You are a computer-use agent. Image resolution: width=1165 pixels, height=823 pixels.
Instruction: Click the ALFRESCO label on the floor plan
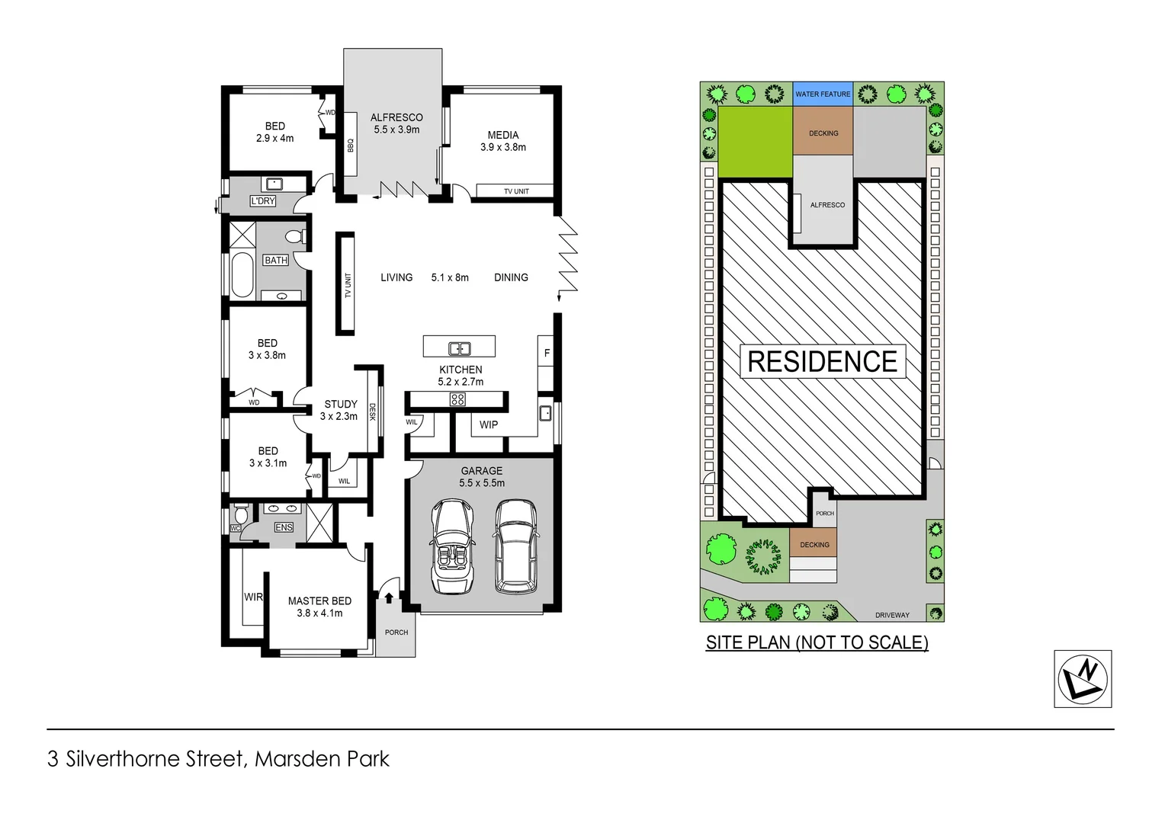396,117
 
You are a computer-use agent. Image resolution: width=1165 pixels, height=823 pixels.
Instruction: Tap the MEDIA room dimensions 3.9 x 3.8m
503,147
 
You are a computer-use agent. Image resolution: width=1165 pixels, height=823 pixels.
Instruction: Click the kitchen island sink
459,349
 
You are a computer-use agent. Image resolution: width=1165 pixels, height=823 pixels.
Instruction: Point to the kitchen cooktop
457,399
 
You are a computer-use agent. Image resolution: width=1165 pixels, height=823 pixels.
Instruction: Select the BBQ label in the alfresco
351,144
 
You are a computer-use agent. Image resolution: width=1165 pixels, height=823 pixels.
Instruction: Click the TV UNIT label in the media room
516,191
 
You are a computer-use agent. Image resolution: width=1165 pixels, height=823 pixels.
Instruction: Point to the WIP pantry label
489,424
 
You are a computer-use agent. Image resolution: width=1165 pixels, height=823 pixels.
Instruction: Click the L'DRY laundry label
262,201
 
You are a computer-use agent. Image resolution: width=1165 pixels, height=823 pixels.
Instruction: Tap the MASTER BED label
319,600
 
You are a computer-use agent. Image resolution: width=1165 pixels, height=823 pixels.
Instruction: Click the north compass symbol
1083,679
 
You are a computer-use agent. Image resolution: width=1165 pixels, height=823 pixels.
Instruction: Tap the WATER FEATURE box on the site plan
823,94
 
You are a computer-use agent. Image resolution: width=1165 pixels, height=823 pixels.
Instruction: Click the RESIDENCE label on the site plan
822,361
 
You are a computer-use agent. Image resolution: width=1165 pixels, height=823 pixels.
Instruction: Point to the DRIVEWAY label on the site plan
892,615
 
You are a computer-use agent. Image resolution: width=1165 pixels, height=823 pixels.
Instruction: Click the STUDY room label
341,404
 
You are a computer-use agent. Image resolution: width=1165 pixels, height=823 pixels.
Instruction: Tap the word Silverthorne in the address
155,759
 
